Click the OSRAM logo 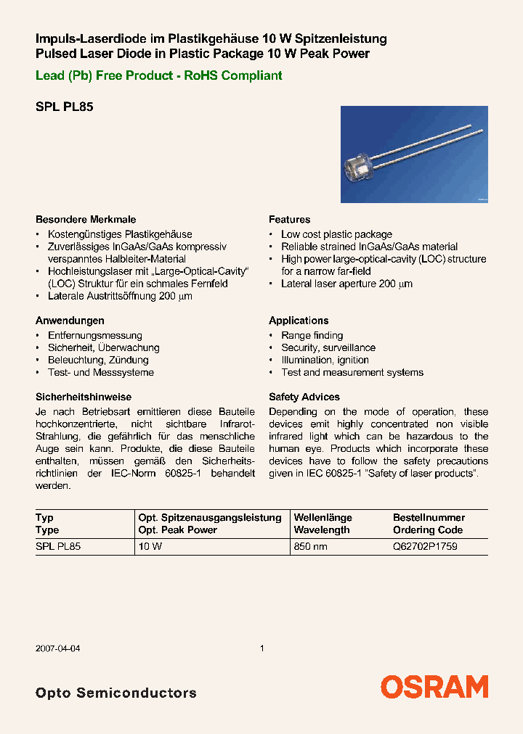[434, 687]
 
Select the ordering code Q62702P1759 [425, 547]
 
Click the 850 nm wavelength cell [311, 547]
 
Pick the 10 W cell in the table [150, 547]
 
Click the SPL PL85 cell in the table [58, 547]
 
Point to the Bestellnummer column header [429, 517]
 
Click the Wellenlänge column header [323, 517]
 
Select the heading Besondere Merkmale [86, 219]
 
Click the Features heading [289, 219]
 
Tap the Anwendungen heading [70, 320]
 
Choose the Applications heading [299, 320]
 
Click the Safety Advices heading [304, 397]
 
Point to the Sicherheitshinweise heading [84, 397]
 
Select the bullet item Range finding [312, 335]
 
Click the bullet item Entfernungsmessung [94, 335]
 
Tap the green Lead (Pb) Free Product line [158, 75]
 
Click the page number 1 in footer [261, 648]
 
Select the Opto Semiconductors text [115, 693]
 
